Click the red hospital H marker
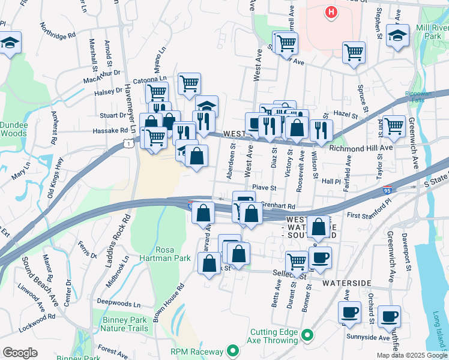click(330, 11)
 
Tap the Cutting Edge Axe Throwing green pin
click(308, 335)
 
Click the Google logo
click(20, 353)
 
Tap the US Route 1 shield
click(127, 143)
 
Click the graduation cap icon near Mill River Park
click(397, 35)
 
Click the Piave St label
click(264, 188)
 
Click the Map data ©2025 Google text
click(411, 355)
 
